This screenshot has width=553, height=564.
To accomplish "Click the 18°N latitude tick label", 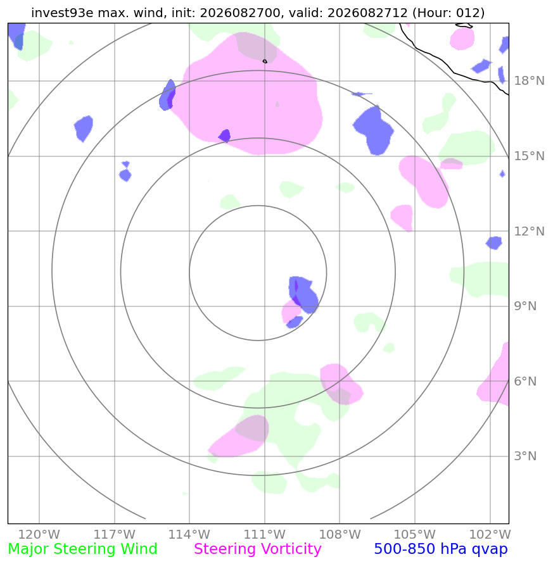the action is point(529,80).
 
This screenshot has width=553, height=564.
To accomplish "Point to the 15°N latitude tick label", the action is point(529,156).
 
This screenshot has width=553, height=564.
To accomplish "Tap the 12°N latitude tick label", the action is point(529,231).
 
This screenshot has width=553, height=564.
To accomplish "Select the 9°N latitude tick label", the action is point(525,306).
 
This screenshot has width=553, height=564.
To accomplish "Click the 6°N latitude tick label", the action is point(525,381).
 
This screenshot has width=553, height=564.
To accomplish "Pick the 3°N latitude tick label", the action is point(525,456).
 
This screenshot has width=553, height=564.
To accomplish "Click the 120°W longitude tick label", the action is point(39,534).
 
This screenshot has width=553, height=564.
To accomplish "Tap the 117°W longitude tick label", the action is point(115,534).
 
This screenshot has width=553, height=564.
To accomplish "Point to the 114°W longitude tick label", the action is point(189,534).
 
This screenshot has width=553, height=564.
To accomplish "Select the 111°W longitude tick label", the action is point(265,534).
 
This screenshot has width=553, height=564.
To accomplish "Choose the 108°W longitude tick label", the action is point(340,534).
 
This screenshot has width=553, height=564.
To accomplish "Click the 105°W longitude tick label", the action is point(415,534).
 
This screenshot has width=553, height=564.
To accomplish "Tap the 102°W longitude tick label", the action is point(490,534).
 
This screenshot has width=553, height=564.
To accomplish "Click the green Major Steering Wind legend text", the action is point(82,549).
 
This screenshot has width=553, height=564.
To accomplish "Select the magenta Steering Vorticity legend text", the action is point(257,549).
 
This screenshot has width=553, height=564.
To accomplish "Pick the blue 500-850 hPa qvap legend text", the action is point(441,549).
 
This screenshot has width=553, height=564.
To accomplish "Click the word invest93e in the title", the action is point(62,13).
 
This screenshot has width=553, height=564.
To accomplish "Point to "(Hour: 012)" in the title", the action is point(448,13).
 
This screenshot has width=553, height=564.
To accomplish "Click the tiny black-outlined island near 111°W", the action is point(265,61).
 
